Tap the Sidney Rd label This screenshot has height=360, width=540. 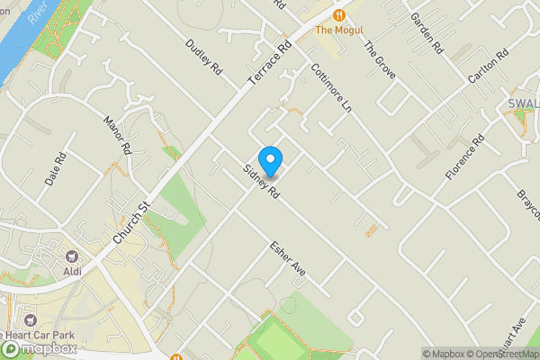pos(261,182)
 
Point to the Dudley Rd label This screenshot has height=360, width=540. pos(203,56)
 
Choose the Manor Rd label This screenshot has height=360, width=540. pos(119,135)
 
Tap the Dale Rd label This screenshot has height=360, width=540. pos(56,168)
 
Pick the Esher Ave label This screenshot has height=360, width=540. pos(289,258)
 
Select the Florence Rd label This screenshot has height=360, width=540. pos(465,157)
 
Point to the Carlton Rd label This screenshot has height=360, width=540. pos(489,62)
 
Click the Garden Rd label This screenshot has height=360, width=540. pos(427,31)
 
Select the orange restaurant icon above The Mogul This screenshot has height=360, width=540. pos(338,14)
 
